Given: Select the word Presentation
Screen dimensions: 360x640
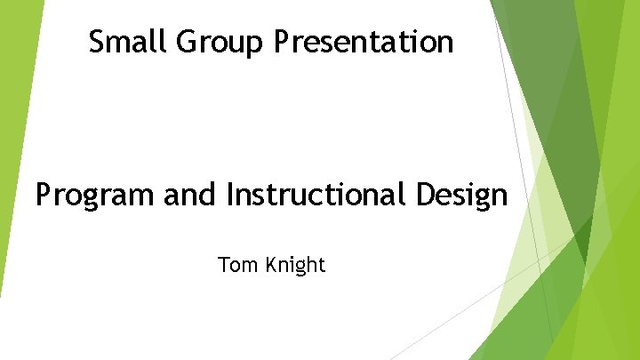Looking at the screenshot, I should coord(364,41).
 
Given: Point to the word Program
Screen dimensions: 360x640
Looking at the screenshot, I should coord(95,196).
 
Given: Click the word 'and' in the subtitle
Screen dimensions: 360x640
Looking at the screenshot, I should coord(191,194).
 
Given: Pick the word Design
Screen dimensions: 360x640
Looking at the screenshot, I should coord(465,196).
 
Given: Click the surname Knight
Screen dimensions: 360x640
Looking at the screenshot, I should coord(296,265).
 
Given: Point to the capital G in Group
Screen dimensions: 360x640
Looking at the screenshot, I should coord(185,41).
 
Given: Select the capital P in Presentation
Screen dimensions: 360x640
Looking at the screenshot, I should coord(283,41).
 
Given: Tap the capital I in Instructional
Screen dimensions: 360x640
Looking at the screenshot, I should coord(231,194).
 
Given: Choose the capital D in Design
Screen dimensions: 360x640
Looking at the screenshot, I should coord(432,194).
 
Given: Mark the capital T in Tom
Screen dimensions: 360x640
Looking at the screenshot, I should coord(223,264).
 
